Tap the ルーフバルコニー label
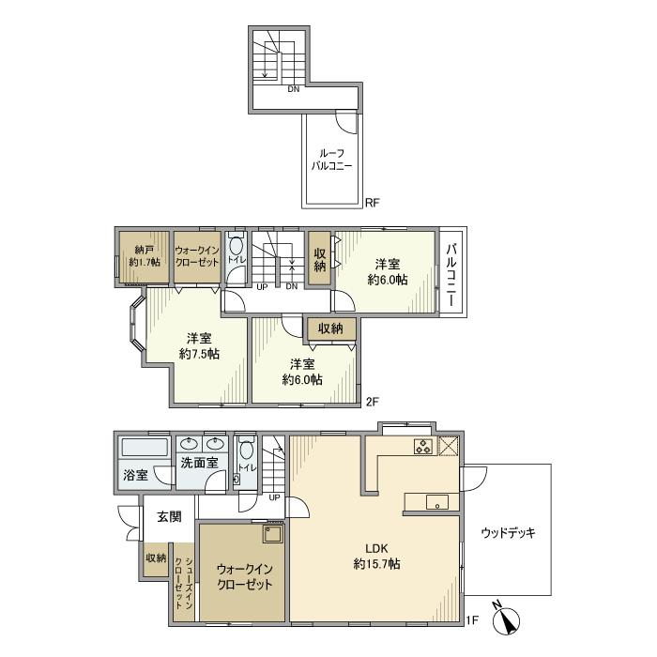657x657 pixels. (331, 160)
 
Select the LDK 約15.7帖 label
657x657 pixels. (376, 556)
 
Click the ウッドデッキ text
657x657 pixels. (508, 533)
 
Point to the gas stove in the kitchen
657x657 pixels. (423, 446)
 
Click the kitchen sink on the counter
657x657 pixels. (437, 502)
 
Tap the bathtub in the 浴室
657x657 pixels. (145, 448)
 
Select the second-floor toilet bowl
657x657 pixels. (237, 246)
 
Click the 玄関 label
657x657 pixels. (169, 516)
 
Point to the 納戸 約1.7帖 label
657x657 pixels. (145, 256)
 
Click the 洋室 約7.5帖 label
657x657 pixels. (199, 345)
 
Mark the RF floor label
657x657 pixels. (372, 204)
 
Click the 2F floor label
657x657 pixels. (372, 402)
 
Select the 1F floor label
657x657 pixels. (472, 619)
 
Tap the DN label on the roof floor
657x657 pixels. (293, 89)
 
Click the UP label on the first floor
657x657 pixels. (274, 497)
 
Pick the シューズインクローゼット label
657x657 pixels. (184, 583)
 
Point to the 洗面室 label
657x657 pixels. (199, 463)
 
